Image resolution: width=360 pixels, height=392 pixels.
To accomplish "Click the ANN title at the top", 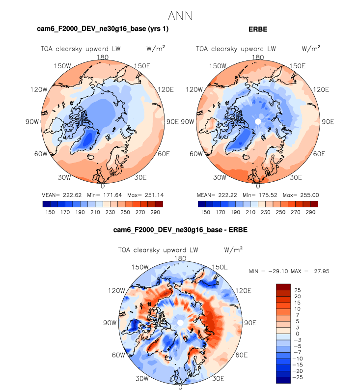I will tap(180, 16).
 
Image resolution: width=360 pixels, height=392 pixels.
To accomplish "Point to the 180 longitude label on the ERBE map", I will tap(258, 57).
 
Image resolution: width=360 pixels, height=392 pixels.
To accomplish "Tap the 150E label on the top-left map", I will tap(141, 66).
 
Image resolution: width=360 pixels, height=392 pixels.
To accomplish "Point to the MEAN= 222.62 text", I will tap(61, 195).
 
